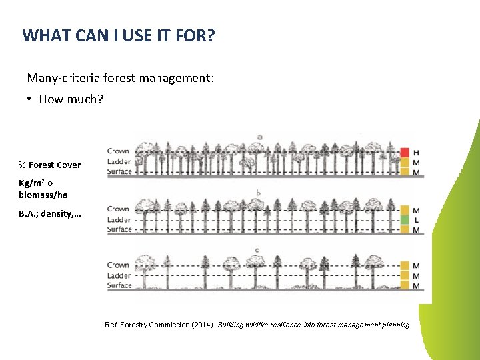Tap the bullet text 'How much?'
coord(71,99)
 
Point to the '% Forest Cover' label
coord(49,165)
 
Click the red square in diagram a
coord(404,152)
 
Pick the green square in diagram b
coord(404,220)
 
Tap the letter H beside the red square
coord(417,153)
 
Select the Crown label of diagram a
coord(118,151)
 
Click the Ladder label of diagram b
coord(119,219)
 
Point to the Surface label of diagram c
coord(119,285)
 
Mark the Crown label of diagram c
coord(118,265)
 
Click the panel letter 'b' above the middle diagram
coord(258,193)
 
